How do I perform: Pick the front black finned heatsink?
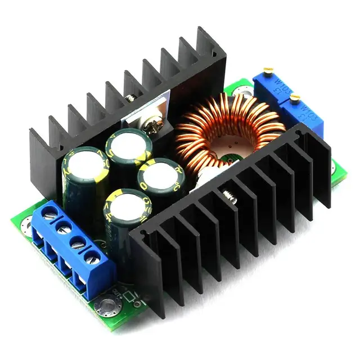click(x=236, y=225)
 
